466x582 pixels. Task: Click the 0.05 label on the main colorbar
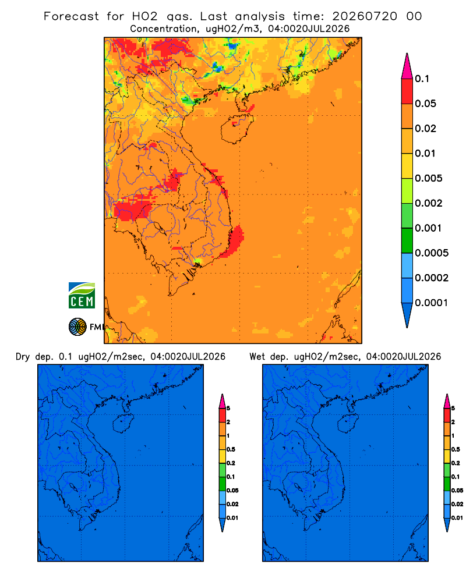click(425, 104)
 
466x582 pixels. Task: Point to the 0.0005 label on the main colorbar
click(432, 253)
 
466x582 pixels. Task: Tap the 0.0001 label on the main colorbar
click(431, 303)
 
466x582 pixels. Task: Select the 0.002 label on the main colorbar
click(429, 203)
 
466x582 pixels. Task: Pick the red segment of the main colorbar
click(407, 91)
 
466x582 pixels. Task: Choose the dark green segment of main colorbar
click(407, 240)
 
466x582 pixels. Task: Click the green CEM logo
click(82, 296)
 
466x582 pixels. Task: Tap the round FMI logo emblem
click(77, 327)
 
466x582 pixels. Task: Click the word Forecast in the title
click(71, 16)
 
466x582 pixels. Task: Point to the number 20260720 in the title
click(365, 16)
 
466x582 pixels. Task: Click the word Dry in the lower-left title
click(23, 357)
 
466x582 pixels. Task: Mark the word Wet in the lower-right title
click(257, 357)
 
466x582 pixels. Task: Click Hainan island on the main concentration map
click(236, 129)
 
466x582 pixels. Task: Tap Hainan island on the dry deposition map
click(123, 424)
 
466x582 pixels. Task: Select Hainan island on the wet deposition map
click(348, 424)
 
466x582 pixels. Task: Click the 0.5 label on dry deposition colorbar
click(231, 449)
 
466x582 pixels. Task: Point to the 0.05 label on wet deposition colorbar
click(457, 491)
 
